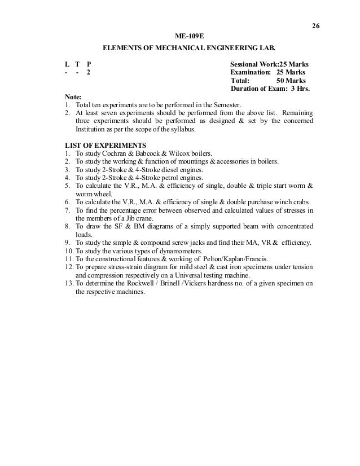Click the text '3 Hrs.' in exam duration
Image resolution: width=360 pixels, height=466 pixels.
[303, 89]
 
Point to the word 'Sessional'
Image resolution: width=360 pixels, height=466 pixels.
[246, 64]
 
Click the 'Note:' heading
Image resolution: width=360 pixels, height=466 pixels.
[73, 97]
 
